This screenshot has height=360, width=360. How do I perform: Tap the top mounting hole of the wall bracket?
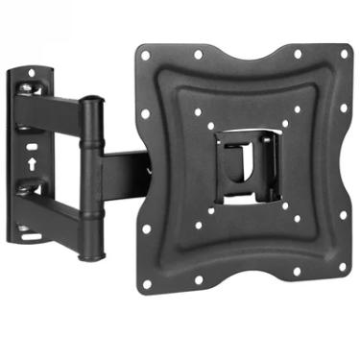coord(31,73)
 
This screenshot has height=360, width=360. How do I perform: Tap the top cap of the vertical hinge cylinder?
coord(90,100)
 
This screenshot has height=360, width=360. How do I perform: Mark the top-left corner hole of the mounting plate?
coord(146,55)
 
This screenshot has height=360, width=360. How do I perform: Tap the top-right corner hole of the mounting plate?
coord(343,54)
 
